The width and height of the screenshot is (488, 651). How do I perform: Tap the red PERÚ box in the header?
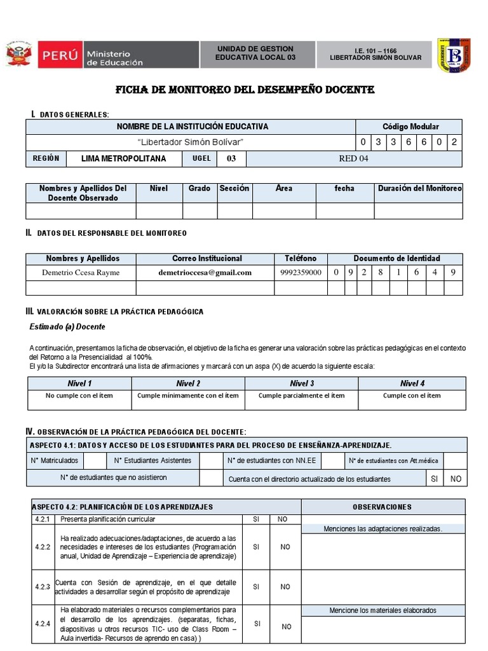60,55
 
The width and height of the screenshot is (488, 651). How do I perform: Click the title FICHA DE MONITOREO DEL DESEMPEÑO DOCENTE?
244,90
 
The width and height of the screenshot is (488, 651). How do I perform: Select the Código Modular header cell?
410,127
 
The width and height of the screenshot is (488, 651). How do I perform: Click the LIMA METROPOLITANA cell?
124,158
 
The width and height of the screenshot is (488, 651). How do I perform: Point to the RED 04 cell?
353,158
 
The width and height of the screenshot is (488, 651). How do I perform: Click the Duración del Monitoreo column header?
419,189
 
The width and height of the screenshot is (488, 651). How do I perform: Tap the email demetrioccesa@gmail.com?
205,272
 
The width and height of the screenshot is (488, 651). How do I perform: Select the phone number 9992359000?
301,272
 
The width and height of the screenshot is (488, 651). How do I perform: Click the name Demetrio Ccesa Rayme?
80,272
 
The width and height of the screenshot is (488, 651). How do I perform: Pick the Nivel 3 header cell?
302,383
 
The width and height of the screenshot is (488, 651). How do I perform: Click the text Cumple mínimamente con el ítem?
188,395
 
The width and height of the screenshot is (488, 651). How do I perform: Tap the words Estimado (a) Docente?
67,327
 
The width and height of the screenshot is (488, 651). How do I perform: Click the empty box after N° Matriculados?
95,460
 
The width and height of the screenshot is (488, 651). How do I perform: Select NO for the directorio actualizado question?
456,479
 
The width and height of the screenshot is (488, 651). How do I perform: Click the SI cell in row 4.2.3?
256,587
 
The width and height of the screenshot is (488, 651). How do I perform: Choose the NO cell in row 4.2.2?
285,547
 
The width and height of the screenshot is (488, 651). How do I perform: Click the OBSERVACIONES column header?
382,507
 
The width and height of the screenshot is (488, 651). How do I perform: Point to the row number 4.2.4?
42,624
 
